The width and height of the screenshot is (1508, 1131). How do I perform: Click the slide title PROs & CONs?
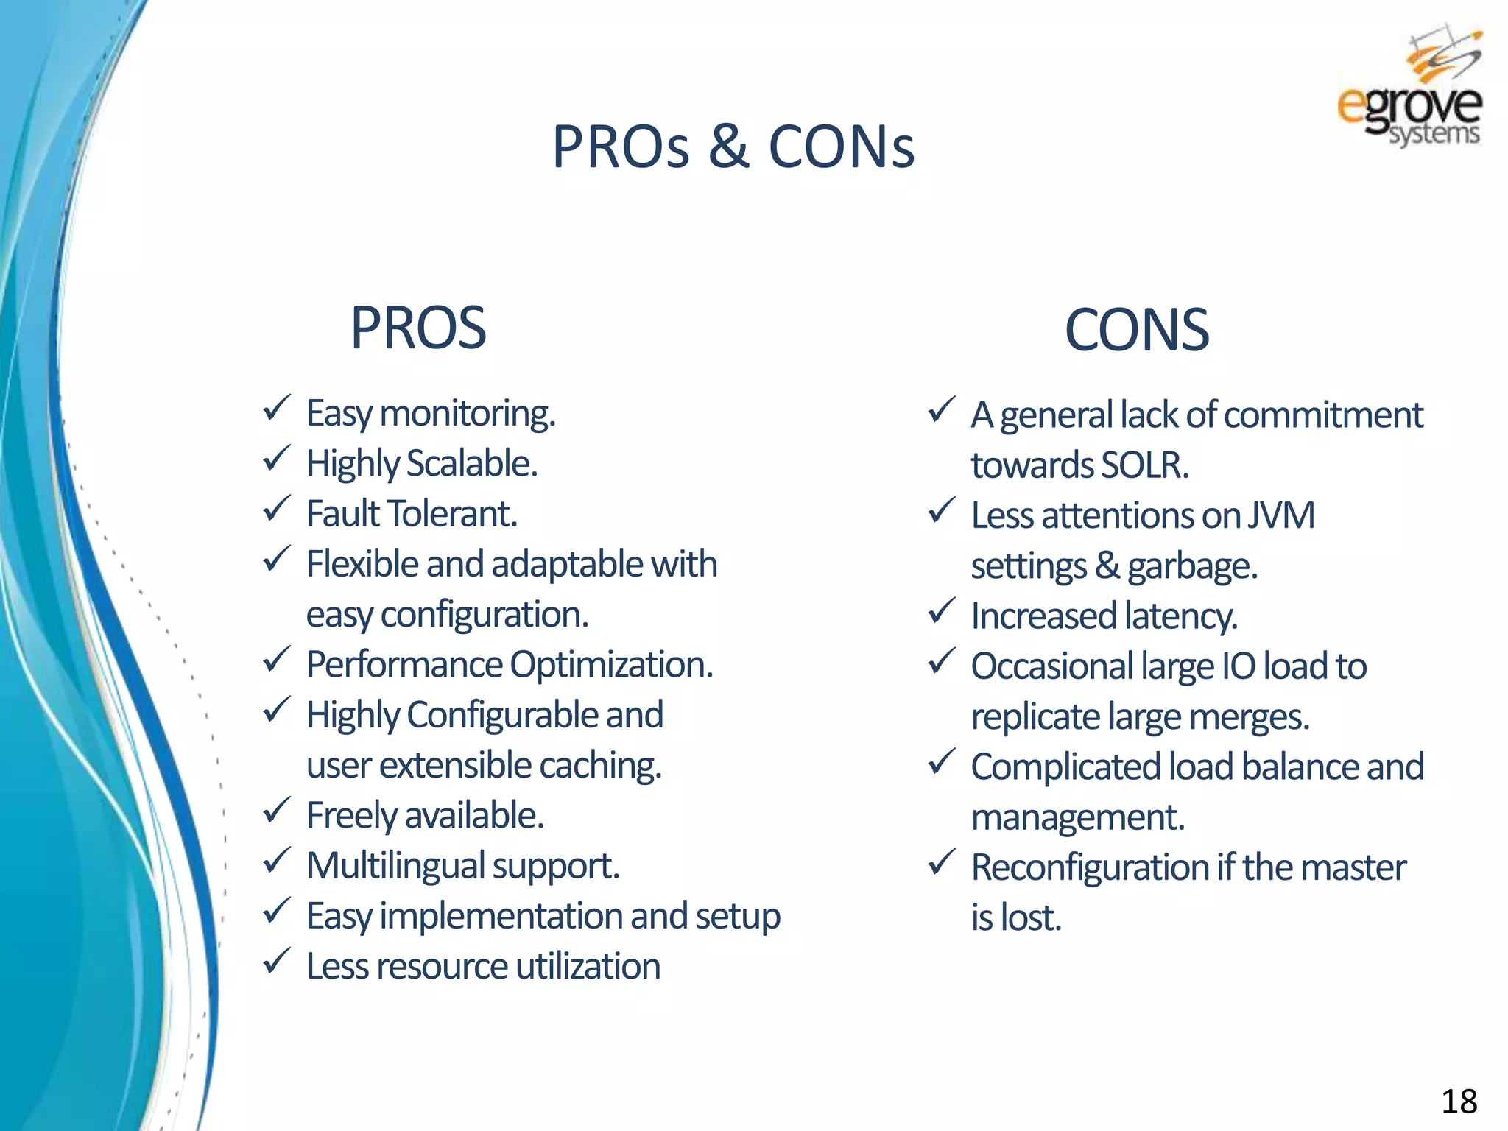click(733, 147)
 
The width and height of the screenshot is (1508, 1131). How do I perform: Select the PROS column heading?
click(417, 328)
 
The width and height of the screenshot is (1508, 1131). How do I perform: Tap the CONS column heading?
click(1136, 331)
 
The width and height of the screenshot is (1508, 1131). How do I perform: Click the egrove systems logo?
click(1411, 88)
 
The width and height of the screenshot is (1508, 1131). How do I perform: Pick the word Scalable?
click(472, 464)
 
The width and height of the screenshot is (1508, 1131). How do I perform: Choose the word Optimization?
click(611, 665)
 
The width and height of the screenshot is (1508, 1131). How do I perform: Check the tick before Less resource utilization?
click(277, 960)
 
